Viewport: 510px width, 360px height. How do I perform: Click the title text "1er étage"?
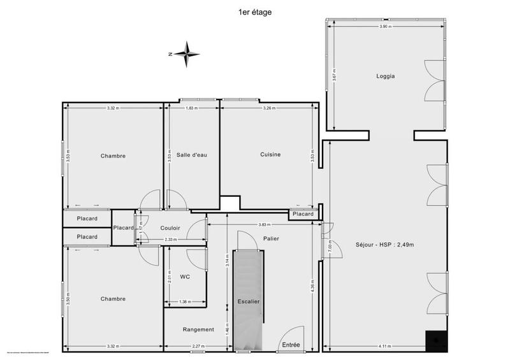(254, 11)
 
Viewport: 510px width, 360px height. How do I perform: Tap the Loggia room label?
(385, 76)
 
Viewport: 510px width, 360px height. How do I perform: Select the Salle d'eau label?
(192, 155)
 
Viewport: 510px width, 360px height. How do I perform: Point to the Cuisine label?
(270, 155)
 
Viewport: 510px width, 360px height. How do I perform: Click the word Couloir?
(170, 228)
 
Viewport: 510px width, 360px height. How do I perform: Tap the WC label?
(186, 277)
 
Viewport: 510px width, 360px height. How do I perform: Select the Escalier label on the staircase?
(247, 301)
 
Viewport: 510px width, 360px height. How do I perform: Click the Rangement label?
(198, 329)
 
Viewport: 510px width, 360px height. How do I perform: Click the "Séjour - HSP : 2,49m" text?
(381, 245)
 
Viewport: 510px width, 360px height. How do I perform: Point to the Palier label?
(270, 238)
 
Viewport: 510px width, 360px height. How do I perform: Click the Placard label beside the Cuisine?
(303, 214)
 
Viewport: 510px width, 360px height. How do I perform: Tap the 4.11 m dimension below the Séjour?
(384, 346)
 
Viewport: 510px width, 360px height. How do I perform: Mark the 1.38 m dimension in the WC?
(185, 301)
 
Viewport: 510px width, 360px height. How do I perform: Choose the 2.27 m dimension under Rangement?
(198, 346)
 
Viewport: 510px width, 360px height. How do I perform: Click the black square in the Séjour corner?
(436, 341)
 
